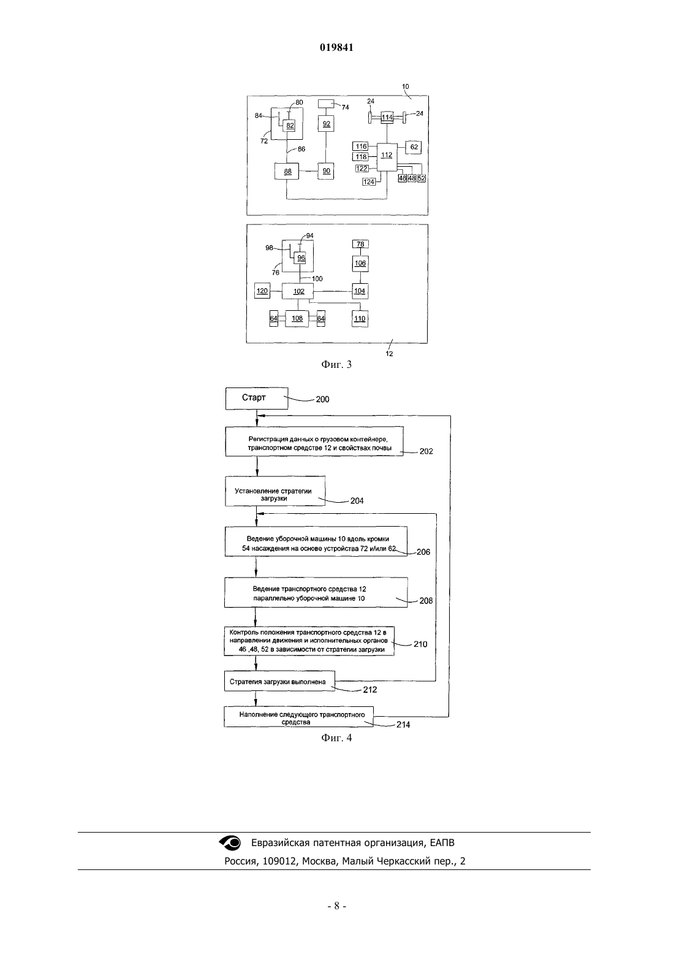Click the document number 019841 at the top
coord(336,47)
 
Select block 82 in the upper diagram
coord(289,125)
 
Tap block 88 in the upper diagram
coord(287,171)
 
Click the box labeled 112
coord(387,156)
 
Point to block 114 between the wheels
coord(387,117)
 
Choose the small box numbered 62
coord(414,147)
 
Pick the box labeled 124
coord(369,182)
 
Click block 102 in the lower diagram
coord(298,291)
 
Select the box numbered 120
coord(262,291)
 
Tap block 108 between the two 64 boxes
coord(297,318)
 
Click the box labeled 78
coord(360,244)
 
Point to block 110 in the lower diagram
coord(360,319)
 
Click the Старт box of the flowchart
coord(257,398)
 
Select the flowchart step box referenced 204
coord(275,491)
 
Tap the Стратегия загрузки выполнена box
coord(279,681)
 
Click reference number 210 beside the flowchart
coord(420,644)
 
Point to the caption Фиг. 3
coord(336,364)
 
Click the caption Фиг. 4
coord(336,738)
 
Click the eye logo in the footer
coord(230,842)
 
